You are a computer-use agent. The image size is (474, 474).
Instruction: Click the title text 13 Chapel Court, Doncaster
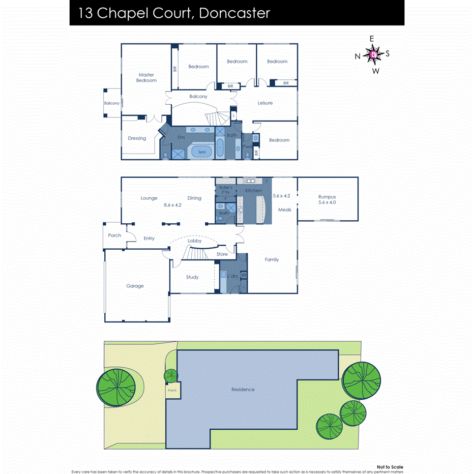[x=174, y=13]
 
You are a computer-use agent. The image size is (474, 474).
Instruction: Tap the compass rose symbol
[x=373, y=54]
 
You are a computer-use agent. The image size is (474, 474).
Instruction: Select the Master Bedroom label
[x=146, y=78]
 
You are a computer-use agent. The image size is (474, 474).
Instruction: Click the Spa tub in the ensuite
[x=201, y=152]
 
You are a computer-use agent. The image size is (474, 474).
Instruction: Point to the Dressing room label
[x=137, y=138]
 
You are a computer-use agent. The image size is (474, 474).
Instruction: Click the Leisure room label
[x=265, y=103]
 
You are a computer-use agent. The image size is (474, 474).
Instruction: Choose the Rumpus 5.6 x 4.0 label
[x=327, y=199]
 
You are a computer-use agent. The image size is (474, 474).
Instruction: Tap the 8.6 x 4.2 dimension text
[x=172, y=205]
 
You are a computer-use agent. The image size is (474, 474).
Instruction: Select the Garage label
[x=135, y=286]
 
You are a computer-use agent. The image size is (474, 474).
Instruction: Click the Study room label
[x=192, y=277]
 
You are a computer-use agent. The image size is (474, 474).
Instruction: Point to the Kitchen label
[x=253, y=191]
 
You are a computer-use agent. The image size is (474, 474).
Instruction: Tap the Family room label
[x=272, y=259]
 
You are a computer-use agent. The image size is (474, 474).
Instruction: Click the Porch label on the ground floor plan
[x=114, y=235]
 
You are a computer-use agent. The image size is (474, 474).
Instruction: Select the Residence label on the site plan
[x=243, y=390]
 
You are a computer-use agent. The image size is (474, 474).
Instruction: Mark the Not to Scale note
[x=390, y=466]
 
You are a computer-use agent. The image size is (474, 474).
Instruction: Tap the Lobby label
[x=194, y=241]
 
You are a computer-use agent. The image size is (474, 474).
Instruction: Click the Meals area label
[x=284, y=210]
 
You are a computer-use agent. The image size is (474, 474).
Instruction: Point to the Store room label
[x=222, y=254]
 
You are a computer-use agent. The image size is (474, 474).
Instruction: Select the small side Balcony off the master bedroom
[x=112, y=103]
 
